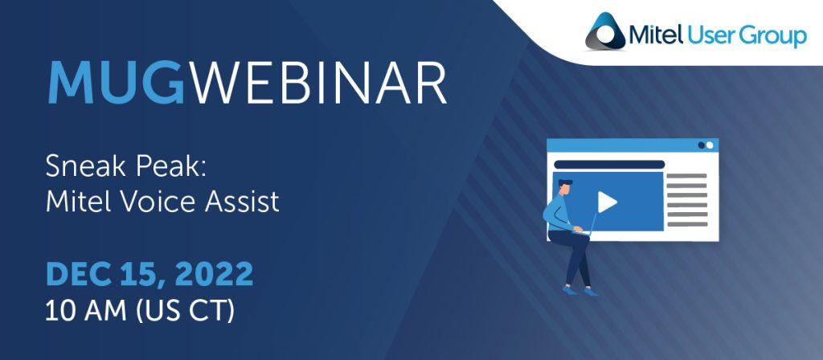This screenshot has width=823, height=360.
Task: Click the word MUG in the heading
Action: pos(116,84)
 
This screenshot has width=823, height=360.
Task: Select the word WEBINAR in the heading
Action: pos(318,84)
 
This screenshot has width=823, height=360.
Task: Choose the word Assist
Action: pos(243,202)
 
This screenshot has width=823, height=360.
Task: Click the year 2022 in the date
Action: pos(214,274)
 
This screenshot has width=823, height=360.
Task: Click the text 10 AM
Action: pos(85,312)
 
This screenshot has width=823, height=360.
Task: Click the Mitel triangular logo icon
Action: pos(605,31)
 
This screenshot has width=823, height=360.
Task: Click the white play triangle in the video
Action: pos(607,202)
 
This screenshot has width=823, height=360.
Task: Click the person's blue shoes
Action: pos(580,289)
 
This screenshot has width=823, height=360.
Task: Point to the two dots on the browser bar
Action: pos(706,145)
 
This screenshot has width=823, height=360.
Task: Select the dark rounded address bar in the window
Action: pos(609,164)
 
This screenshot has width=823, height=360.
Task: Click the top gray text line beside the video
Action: pos(687,175)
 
